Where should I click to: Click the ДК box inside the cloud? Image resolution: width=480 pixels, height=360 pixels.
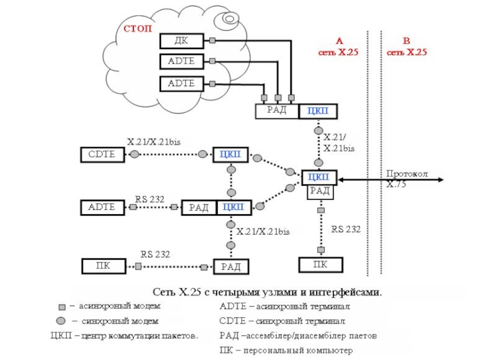(x=181, y=41)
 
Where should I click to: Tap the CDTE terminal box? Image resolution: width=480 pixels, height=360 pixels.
(x=102, y=155)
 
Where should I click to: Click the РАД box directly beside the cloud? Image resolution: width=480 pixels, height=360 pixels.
(x=277, y=111)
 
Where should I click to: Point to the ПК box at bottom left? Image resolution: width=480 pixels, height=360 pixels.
(x=104, y=265)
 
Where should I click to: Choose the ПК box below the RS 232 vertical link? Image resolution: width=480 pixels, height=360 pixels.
(x=321, y=265)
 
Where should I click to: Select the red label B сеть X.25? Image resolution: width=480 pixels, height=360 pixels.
(x=406, y=47)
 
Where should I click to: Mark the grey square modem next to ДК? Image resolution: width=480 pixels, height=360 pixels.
(x=213, y=41)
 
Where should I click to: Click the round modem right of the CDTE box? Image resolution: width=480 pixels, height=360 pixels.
(x=135, y=154)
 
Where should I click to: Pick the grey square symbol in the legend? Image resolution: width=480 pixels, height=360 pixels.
(x=61, y=306)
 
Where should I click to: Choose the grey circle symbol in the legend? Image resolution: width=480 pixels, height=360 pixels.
(x=61, y=320)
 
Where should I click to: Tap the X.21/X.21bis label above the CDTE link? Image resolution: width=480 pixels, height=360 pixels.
(x=154, y=142)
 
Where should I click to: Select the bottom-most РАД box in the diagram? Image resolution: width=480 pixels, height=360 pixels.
(x=230, y=267)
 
